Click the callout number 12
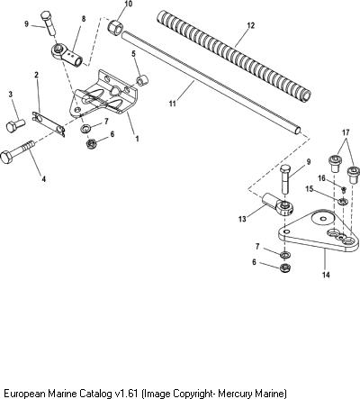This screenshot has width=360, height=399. click(251, 25)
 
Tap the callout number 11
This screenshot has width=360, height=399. click(173, 104)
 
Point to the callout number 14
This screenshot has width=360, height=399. click(326, 275)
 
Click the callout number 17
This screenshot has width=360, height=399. click(346, 132)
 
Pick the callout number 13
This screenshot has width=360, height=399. click(242, 219)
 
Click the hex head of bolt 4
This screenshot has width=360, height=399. click(6, 158)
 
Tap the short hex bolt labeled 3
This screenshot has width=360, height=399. click(15, 125)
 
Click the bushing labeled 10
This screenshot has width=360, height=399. click(115, 27)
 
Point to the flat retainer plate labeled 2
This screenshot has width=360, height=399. click(49, 124)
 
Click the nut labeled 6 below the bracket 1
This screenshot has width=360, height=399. click(90, 143)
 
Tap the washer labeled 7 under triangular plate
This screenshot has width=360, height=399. click(285, 255)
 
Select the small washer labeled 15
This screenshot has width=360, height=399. click(342, 201)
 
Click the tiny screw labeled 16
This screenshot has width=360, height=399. click(344, 189)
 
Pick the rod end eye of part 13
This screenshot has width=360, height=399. click(284, 207)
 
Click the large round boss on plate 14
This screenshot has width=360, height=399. click(322, 218)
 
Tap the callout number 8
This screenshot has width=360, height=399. click(84, 19)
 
